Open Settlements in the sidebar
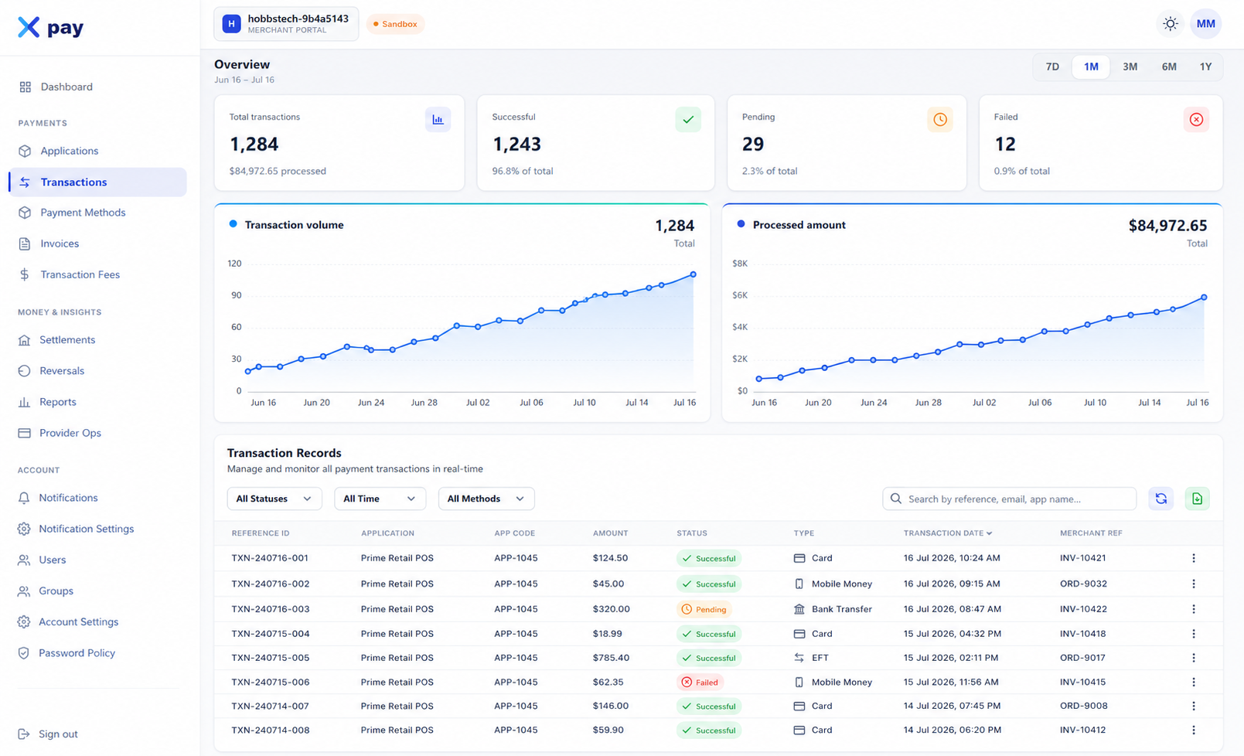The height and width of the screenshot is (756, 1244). [x=67, y=339]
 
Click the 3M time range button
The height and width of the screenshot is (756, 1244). [x=1130, y=66]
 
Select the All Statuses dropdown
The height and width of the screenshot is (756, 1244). [x=274, y=499]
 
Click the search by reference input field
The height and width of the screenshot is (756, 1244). [x=1009, y=499]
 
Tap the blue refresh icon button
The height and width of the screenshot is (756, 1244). [x=1160, y=499]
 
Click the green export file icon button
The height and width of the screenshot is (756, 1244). [x=1197, y=499]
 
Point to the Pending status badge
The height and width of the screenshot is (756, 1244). [x=704, y=609]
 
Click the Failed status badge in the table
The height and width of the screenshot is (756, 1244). [x=700, y=682]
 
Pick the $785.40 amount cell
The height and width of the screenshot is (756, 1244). [x=611, y=658]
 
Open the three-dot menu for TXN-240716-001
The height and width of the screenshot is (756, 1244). [x=1194, y=558]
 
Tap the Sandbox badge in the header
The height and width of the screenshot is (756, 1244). [x=395, y=24]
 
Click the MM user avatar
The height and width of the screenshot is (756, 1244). [x=1205, y=24]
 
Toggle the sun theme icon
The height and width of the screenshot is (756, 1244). [x=1170, y=24]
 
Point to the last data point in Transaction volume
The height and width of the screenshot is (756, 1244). [x=693, y=274]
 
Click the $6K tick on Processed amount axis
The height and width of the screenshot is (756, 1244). [x=740, y=295]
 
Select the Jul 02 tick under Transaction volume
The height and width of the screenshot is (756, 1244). [x=478, y=403]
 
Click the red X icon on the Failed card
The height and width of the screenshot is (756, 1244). [x=1196, y=119]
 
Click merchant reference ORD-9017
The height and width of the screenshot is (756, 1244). [x=1082, y=658]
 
